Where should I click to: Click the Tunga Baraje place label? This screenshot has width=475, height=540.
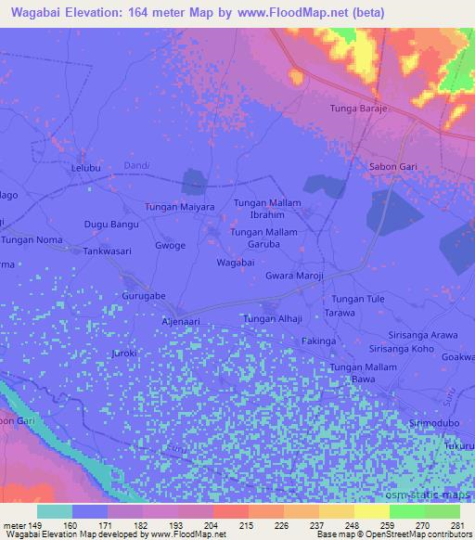pyautogui.click(x=358, y=109)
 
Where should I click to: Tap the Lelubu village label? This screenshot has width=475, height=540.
pyautogui.click(x=90, y=171)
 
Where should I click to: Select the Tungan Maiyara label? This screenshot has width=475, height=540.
pyautogui.click(x=179, y=206)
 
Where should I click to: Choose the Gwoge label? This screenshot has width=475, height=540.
pyautogui.click(x=172, y=246)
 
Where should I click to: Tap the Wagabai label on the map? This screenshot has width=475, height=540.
pyautogui.click(x=236, y=263)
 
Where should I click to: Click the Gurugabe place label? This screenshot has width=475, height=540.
pyautogui.click(x=144, y=296)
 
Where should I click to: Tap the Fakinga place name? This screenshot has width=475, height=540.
pyautogui.click(x=319, y=341)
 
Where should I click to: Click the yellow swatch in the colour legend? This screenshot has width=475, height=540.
pyautogui.click(x=370, y=511)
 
